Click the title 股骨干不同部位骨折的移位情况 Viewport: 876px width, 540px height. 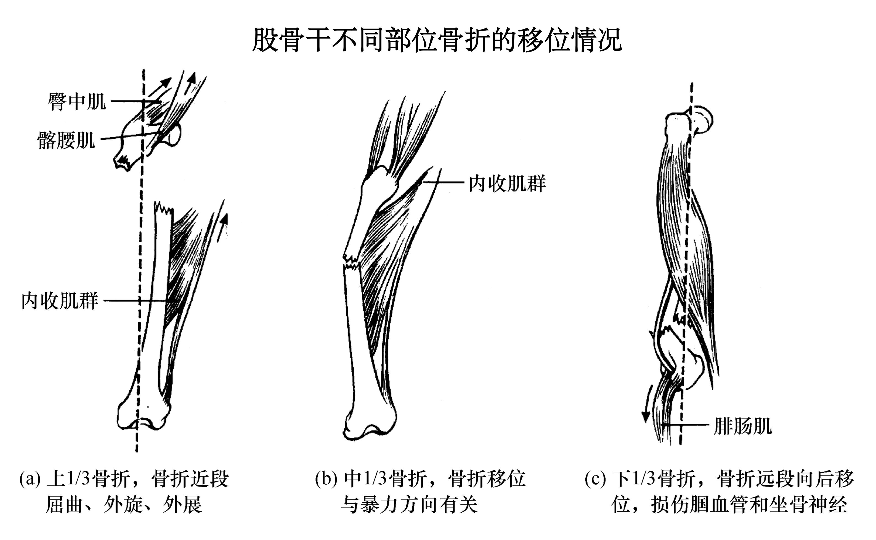(437, 40)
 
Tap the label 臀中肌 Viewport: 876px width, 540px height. (77, 101)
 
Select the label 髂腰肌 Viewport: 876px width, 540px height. (67, 140)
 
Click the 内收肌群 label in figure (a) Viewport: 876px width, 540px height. (60, 301)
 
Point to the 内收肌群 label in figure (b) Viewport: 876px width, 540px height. (507, 184)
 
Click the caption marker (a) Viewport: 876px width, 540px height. (30, 479)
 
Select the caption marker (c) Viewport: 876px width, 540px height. (595, 479)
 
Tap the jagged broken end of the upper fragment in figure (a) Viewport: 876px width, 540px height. (123, 163)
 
